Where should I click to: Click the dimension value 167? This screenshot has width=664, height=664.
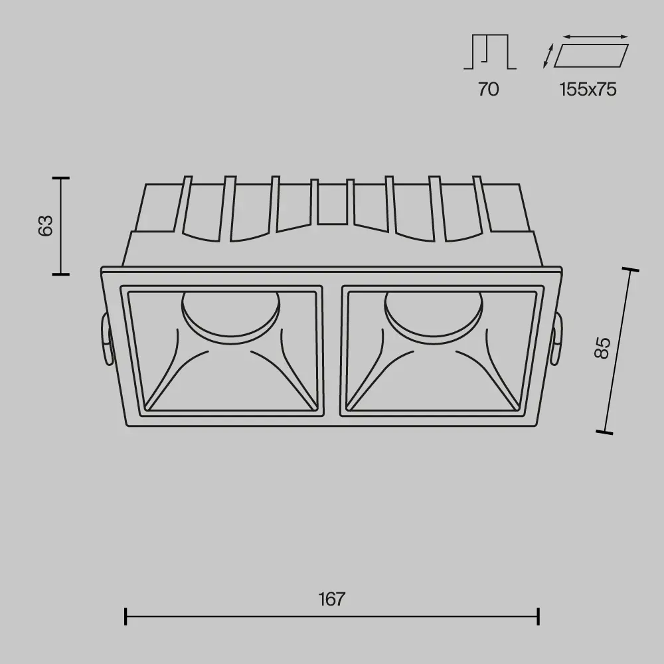pyautogui.click(x=331, y=599)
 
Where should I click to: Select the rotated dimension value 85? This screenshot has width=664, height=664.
pyautogui.click(x=602, y=347)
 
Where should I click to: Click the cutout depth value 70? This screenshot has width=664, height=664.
pyautogui.click(x=488, y=89)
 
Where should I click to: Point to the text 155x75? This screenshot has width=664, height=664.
pyautogui.click(x=588, y=89)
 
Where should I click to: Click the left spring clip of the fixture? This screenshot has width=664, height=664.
pyautogui.click(x=105, y=339)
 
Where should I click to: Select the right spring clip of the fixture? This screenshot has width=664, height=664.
pyautogui.click(x=556, y=339)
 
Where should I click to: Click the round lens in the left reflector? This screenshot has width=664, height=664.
pyautogui.click(x=230, y=312)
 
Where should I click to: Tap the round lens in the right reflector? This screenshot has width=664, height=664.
pyautogui.click(x=433, y=312)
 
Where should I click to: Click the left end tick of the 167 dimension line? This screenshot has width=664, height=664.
pyautogui.click(x=125, y=616)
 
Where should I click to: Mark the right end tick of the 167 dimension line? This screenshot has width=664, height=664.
pyautogui.click(x=538, y=616)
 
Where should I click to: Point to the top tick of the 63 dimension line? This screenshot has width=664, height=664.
pyautogui.click(x=60, y=178)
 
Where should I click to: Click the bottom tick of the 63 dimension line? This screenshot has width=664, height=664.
pyautogui.click(x=60, y=273)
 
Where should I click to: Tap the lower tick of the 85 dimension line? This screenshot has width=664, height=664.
pyautogui.click(x=604, y=432)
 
